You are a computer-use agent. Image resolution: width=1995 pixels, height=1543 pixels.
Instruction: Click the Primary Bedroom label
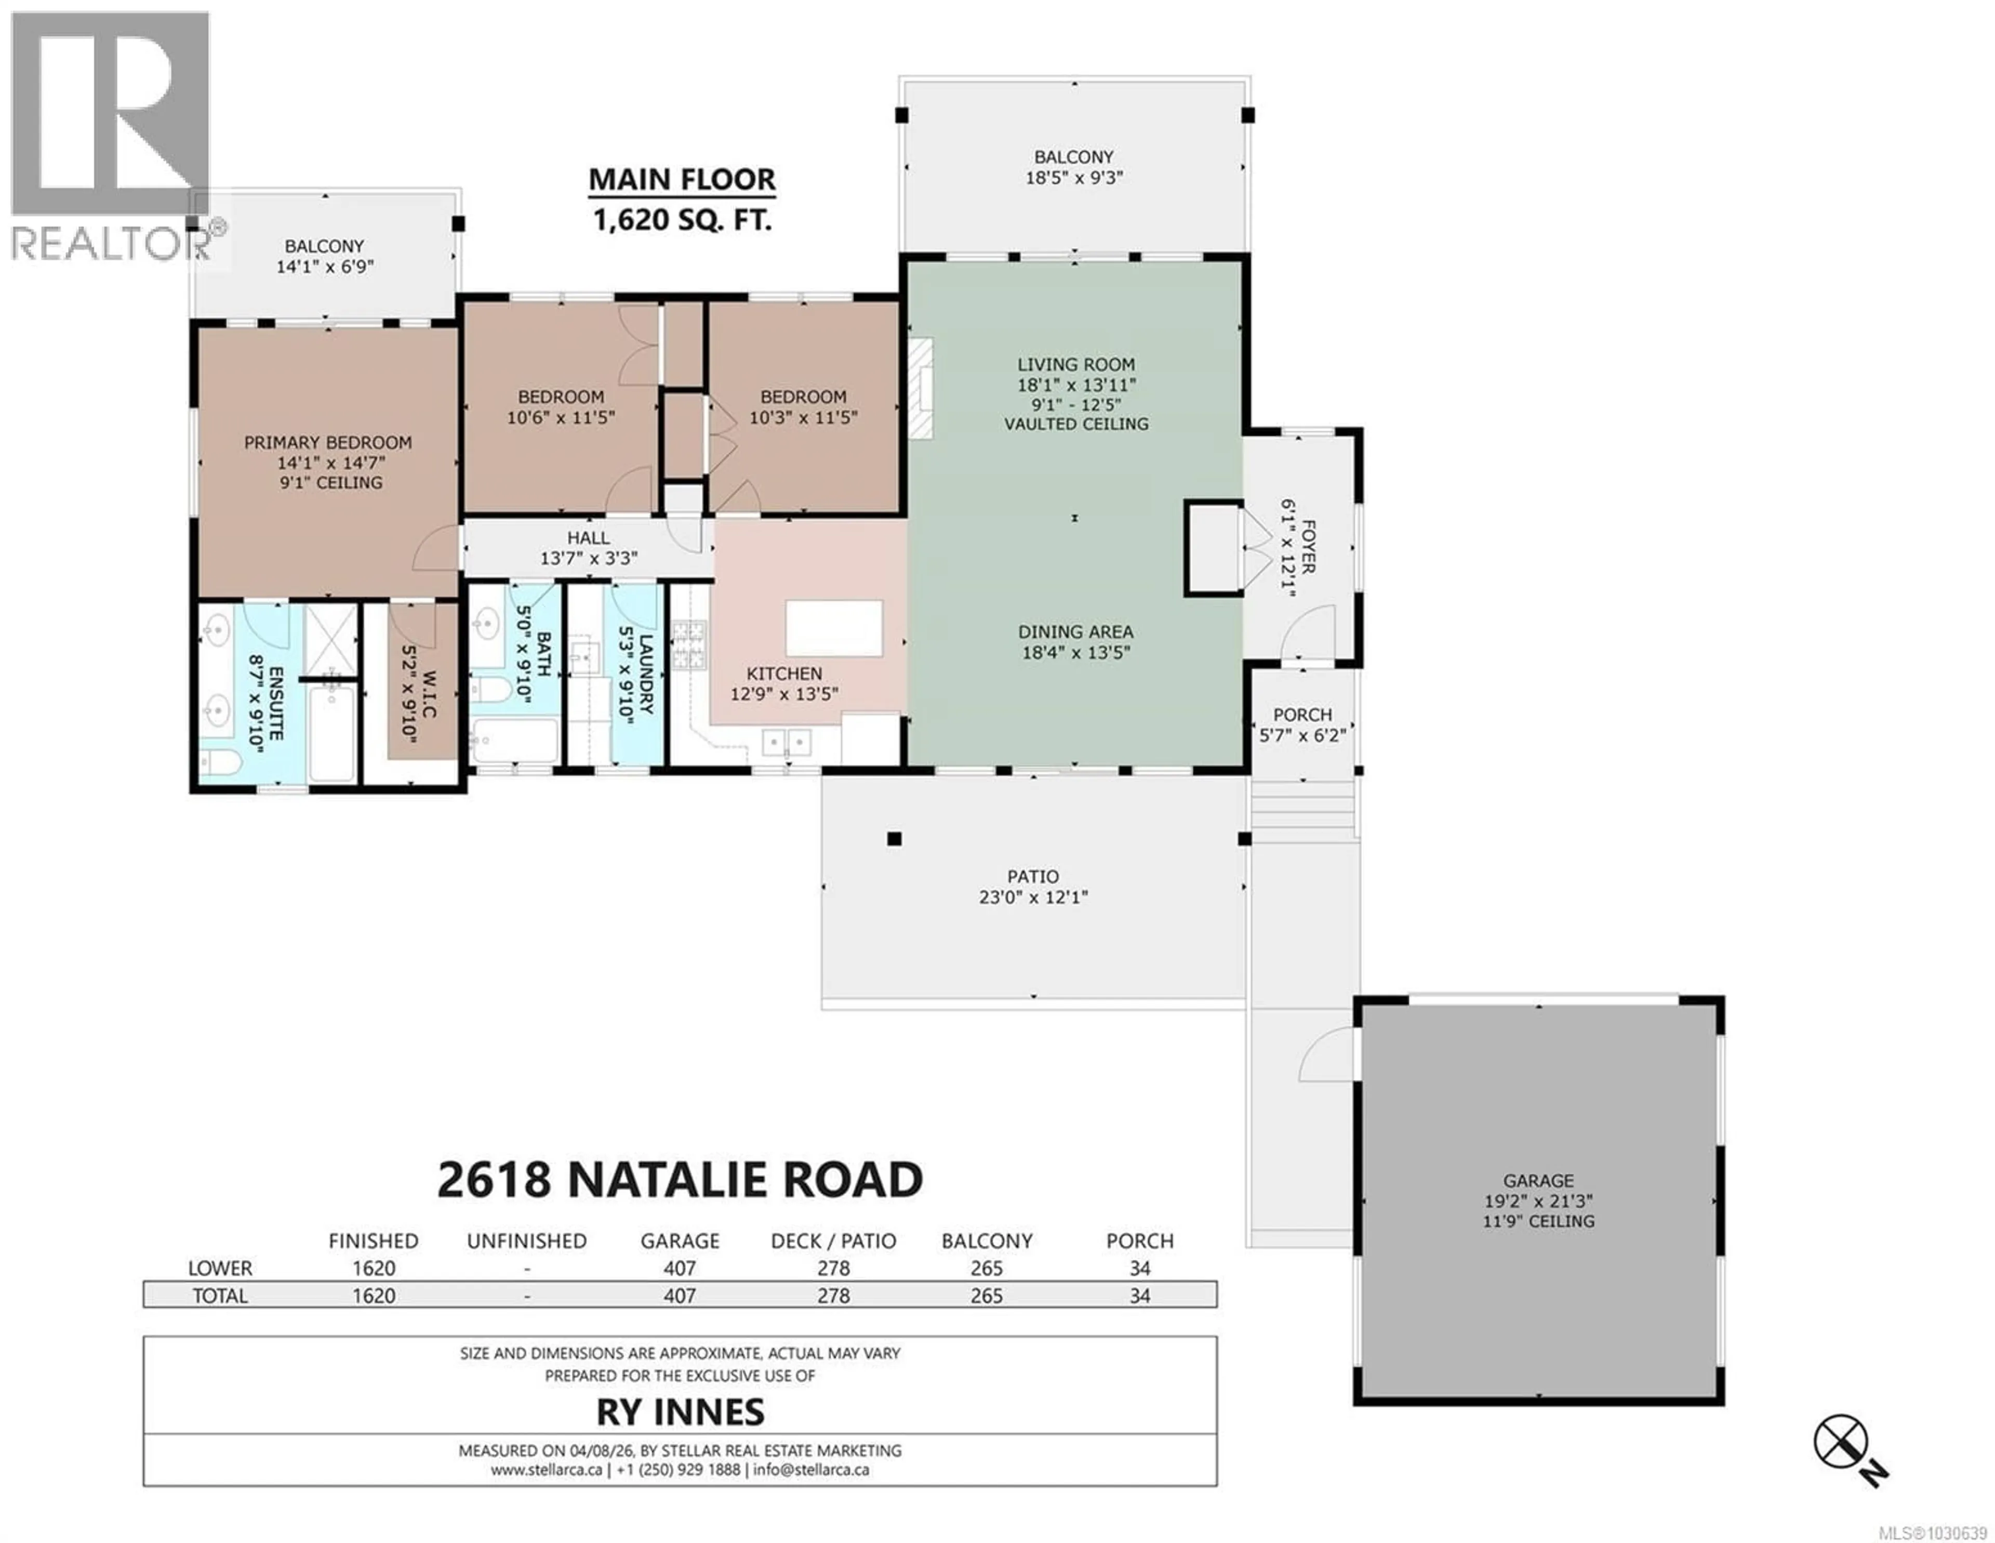coord(328,442)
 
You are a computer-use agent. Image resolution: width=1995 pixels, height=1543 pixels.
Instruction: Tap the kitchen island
coord(834,628)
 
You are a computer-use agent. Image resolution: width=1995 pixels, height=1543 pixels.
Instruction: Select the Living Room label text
coord(1075,364)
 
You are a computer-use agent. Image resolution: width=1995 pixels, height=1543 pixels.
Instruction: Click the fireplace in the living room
coord(921,388)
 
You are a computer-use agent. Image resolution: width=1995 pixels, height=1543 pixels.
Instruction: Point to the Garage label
coord(1538,1180)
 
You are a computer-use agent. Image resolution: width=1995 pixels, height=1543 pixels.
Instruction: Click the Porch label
coord(1301,715)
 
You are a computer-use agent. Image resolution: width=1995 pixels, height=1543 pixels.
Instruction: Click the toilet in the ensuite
coord(219,761)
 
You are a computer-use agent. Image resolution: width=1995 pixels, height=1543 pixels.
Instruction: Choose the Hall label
coord(588,538)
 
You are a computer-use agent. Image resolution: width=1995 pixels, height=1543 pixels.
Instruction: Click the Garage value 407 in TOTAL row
coord(680,1296)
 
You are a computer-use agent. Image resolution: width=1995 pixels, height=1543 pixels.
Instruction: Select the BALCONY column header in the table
coord(987,1241)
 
